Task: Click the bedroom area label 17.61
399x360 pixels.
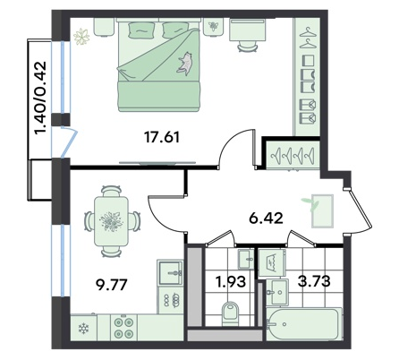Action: (x=162, y=138)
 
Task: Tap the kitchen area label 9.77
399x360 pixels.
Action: (x=112, y=285)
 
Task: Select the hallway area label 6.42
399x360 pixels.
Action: (x=266, y=219)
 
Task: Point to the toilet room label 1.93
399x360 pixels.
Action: (x=232, y=281)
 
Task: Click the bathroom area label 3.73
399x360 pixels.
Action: (x=314, y=281)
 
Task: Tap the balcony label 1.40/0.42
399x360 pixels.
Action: (x=41, y=98)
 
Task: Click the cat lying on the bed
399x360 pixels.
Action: (x=185, y=63)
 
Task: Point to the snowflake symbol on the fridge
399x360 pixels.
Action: (x=82, y=329)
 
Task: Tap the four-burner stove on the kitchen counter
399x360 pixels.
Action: (x=123, y=328)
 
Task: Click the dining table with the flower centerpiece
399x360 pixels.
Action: (x=111, y=221)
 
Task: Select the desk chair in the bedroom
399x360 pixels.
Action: (x=248, y=46)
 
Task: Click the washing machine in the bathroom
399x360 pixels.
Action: (x=272, y=262)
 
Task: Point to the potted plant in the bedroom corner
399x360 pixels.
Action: (x=81, y=37)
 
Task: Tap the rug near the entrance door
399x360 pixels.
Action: (x=322, y=211)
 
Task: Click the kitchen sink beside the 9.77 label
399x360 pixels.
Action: (x=170, y=272)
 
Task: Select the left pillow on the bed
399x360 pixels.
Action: (x=141, y=30)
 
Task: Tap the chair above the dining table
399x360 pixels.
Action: (x=111, y=191)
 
